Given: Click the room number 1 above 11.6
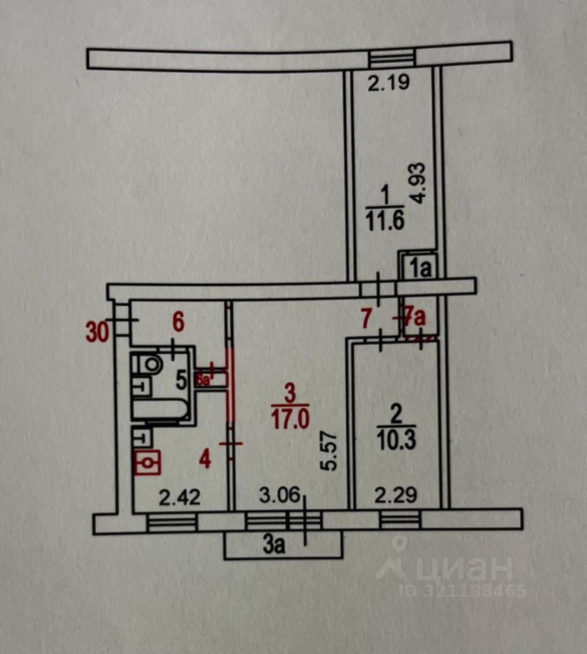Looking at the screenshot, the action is [384, 196].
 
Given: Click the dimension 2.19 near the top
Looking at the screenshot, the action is [387, 84].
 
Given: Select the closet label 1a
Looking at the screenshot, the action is [419, 267].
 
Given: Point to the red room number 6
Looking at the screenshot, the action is [178, 320].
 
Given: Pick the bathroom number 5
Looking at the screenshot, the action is [181, 380].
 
